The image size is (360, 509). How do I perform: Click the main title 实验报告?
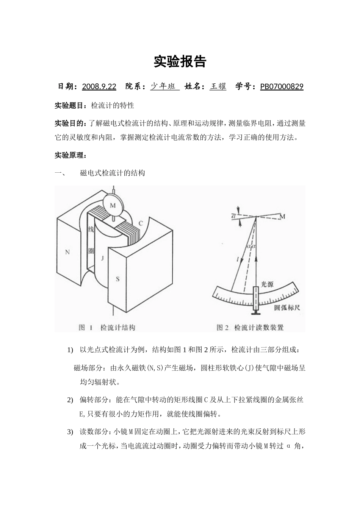pyautogui.click(x=180, y=62)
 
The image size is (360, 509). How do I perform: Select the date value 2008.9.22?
pyautogui.click(x=99, y=87)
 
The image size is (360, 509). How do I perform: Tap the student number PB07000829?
pyautogui.click(x=282, y=87)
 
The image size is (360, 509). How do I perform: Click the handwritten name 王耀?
pyautogui.click(x=218, y=86)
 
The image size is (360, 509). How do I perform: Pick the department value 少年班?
pyautogui.click(x=165, y=86)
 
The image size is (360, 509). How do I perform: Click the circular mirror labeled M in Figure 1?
pyautogui.click(x=113, y=205)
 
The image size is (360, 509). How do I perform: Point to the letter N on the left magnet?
pyautogui.click(x=67, y=252)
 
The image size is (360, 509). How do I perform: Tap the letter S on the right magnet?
pyautogui.click(x=117, y=279)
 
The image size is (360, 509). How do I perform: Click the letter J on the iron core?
pyautogui.click(x=102, y=258)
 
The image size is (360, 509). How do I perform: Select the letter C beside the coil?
pyautogui.click(x=140, y=223)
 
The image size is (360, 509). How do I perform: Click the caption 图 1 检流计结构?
pyautogui.click(x=107, y=328)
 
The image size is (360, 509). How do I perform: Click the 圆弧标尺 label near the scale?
pyautogui.click(x=287, y=308)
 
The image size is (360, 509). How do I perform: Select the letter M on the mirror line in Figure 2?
pyautogui.click(x=282, y=216)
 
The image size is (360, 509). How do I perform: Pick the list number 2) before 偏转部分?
pyautogui.click(x=70, y=400)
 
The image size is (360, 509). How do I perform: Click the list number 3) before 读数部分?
pyautogui.click(x=70, y=432)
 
